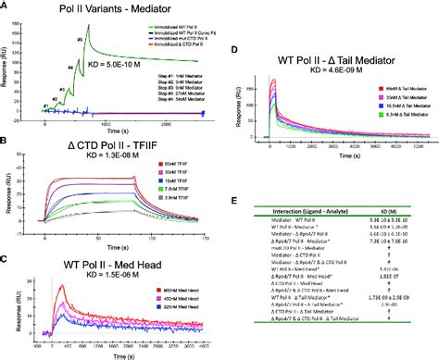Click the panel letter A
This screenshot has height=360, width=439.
click(6, 7)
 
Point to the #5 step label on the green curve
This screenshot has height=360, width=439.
click(80, 41)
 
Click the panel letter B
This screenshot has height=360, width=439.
click(6, 142)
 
